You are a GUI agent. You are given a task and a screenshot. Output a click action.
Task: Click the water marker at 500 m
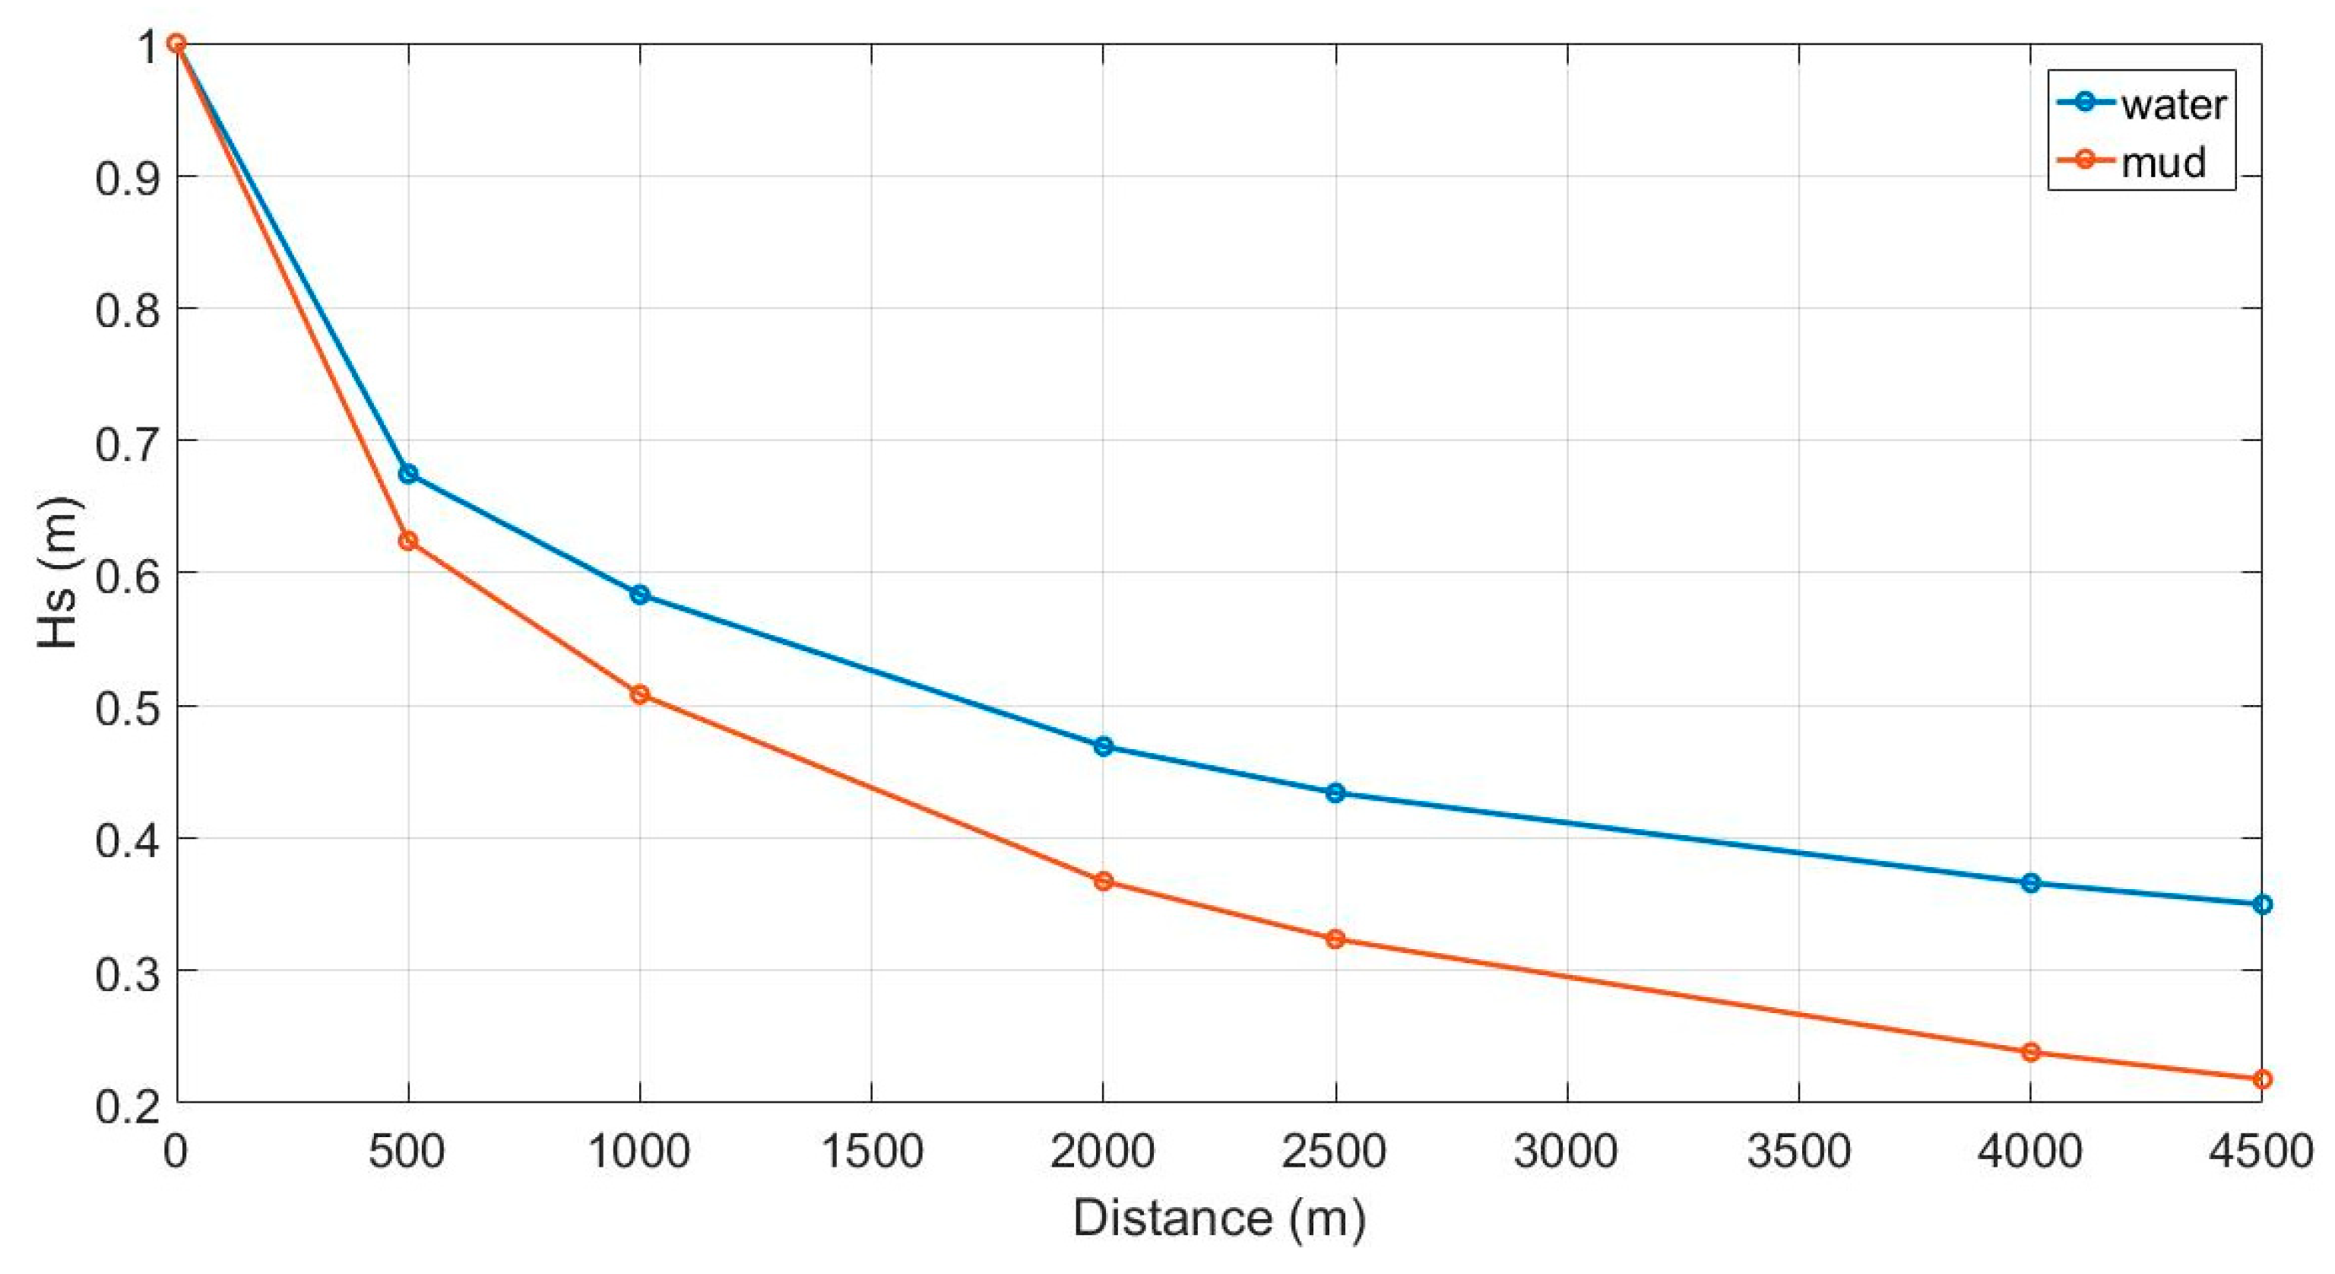pos(408,473)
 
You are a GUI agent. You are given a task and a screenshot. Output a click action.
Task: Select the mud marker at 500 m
pos(408,541)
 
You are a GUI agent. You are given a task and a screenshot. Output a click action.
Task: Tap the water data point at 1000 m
pos(640,595)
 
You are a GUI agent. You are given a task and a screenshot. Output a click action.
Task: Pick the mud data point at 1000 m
pos(640,694)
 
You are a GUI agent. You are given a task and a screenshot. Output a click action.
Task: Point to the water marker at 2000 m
pos(1103,747)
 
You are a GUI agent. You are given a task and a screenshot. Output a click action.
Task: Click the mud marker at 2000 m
pos(1103,882)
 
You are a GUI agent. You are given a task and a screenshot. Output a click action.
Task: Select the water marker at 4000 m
pos(2030,883)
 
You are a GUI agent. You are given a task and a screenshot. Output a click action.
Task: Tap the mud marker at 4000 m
pos(2030,1053)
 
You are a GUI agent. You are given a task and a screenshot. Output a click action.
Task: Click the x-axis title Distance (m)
pos(1219,1218)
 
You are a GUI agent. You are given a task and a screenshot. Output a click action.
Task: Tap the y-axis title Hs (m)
pos(60,572)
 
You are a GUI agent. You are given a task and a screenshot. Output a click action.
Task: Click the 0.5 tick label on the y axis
pos(125,707)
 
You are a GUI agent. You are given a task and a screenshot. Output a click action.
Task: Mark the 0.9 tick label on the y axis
pos(125,176)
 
